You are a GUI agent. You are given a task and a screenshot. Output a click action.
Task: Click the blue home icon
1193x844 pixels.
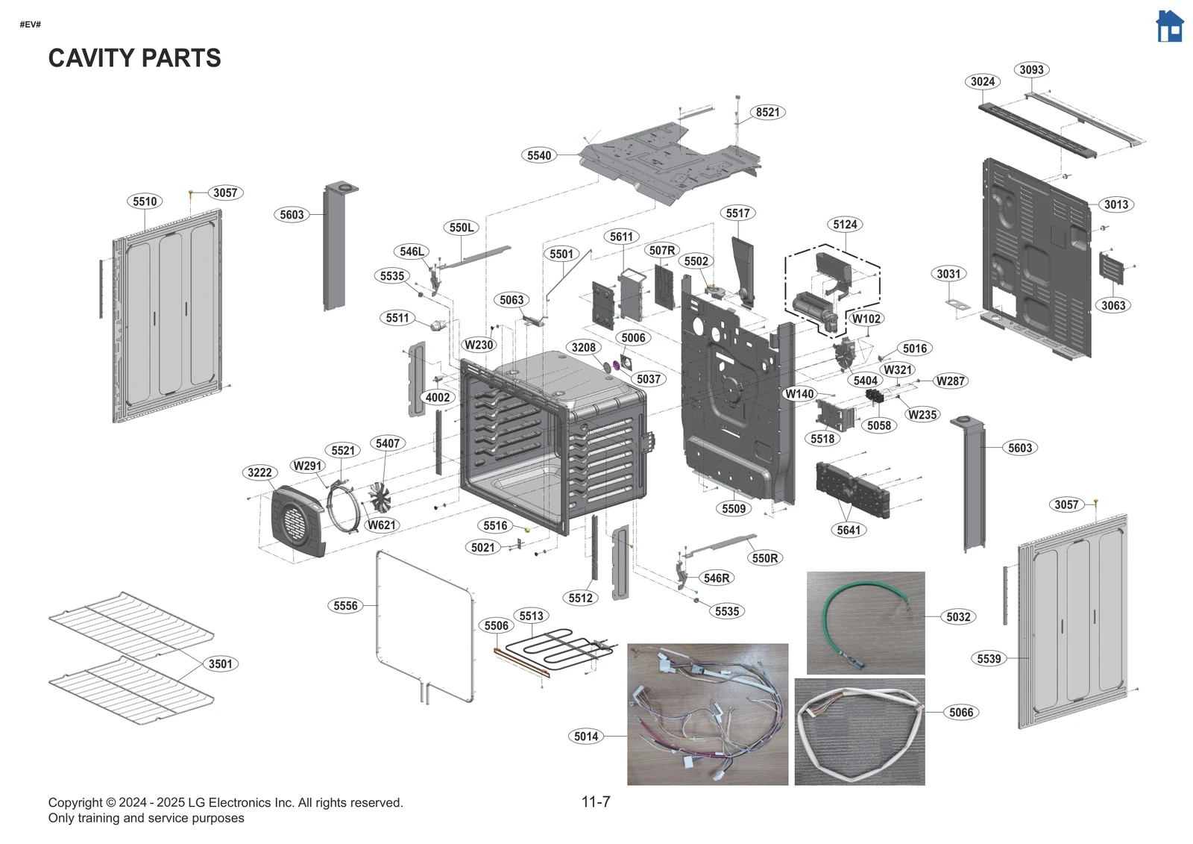pos(1168,27)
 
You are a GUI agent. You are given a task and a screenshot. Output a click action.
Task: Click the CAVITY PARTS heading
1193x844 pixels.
pos(134,58)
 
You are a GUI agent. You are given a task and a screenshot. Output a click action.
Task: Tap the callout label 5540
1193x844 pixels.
pos(539,155)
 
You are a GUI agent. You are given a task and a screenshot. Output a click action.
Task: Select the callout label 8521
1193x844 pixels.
pos(767,112)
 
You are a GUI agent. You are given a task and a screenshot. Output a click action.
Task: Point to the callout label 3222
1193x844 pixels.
pos(259,472)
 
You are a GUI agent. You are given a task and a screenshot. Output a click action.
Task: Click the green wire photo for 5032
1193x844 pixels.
pos(865,622)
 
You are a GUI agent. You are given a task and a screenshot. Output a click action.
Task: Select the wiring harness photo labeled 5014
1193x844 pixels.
pos(707,714)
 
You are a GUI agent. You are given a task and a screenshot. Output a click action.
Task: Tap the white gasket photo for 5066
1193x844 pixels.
pos(859,731)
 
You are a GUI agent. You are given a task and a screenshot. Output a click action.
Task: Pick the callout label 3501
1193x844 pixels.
pos(220,663)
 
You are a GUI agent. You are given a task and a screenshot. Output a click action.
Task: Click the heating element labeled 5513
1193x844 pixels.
pos(559,646)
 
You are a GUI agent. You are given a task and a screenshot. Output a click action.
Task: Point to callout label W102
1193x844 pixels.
pos(866,319)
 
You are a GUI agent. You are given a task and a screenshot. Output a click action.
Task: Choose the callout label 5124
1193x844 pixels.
pos(845,225)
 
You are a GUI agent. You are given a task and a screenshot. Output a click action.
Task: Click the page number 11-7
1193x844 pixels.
pos(595,801)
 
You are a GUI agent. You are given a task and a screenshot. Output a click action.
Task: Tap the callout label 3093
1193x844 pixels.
pos(1031,69)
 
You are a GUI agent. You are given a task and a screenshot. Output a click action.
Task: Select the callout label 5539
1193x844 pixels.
pos(989,658)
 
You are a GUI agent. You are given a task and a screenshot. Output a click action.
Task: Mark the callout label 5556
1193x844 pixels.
pos(345,605)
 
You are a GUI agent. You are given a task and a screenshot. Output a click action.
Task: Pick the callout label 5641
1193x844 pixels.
pos(849,530)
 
